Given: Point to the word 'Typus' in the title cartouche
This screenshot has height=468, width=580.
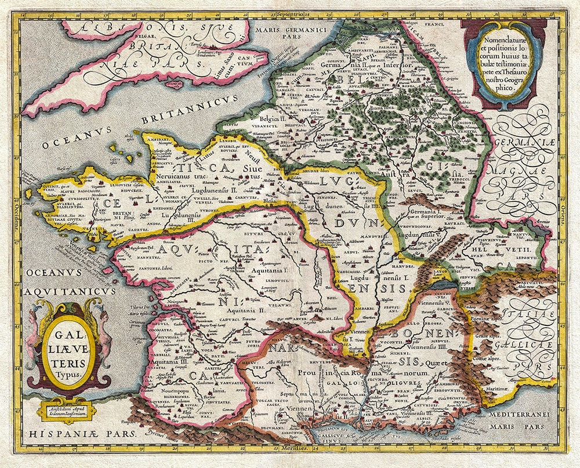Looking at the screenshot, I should [x=68, y=373].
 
